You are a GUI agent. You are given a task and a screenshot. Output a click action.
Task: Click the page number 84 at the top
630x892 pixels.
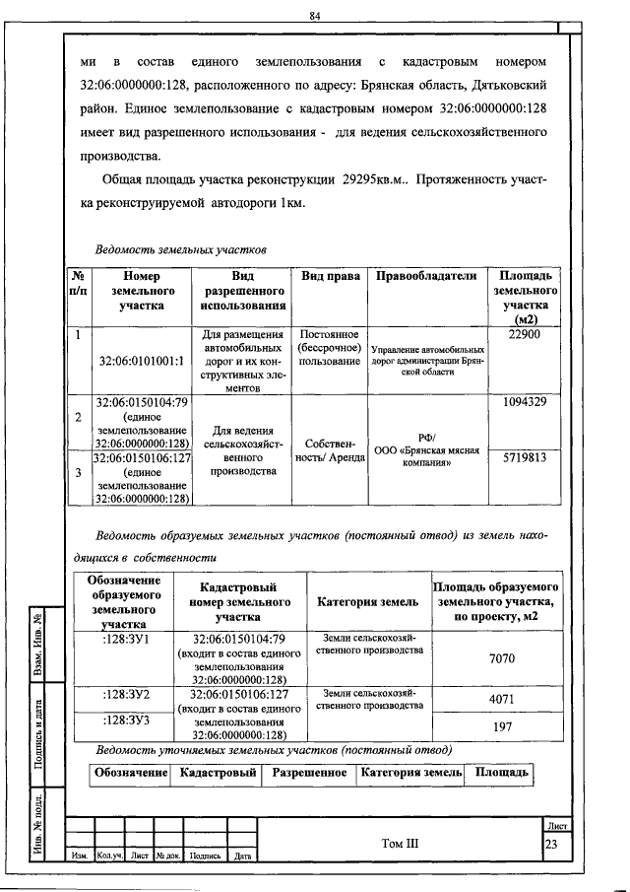pyautogui.click(x=315, y=16)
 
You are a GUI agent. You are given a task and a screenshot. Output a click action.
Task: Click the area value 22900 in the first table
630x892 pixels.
pyautogui.click(x=525, y=335)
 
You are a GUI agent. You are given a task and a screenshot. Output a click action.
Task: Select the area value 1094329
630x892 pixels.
pyautogui.click(x=525, y=402)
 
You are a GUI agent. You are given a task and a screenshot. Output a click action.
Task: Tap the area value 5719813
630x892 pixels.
pyautogui.click(x=525, y=458)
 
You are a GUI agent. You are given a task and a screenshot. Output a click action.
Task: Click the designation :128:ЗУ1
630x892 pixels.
pyautogui.click(x=126, y=639)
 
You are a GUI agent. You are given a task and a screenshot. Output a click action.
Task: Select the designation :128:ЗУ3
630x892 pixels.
pyautogui.click(x=126, y=720)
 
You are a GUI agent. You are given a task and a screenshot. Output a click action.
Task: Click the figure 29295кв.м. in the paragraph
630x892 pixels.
pyautogui.click(x=381, y=182)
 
